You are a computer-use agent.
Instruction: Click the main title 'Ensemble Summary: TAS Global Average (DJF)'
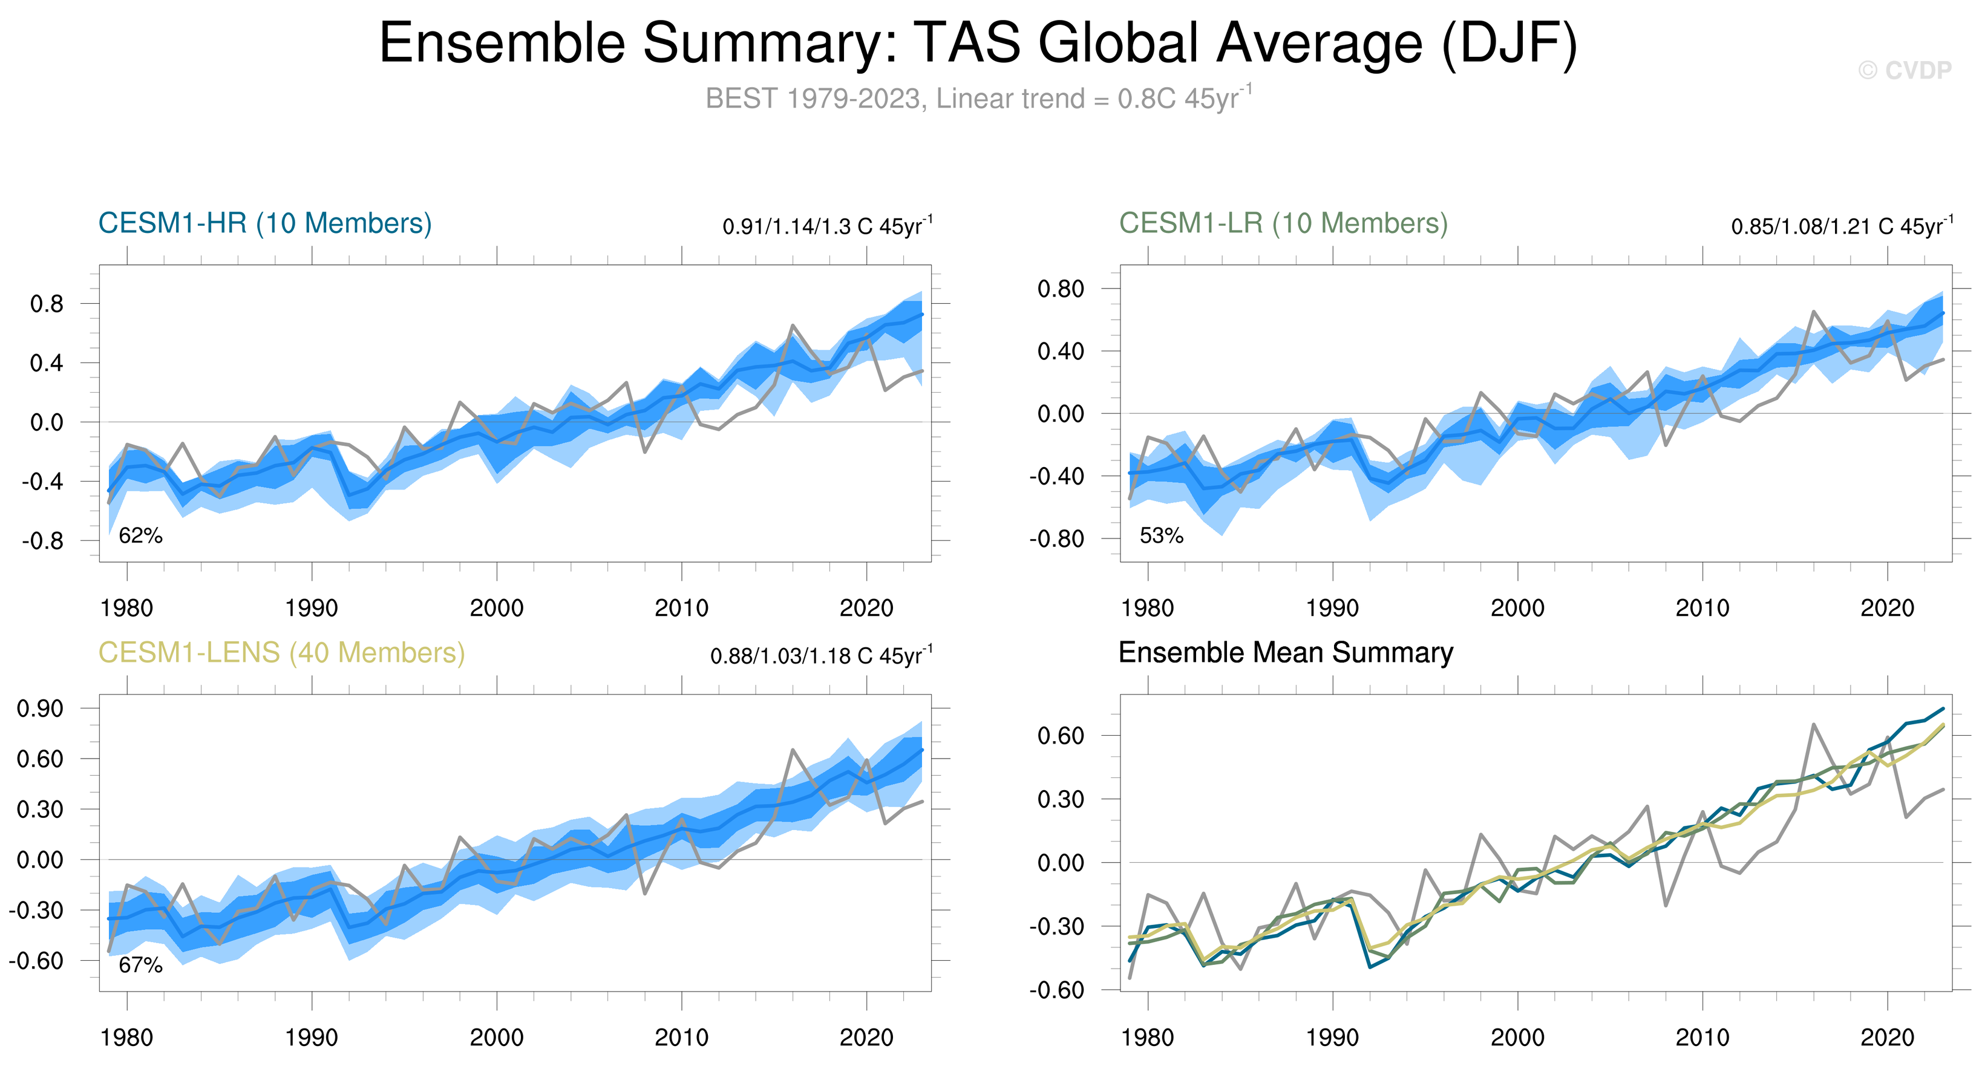coord(978,43)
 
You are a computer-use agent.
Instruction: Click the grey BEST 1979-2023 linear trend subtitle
coord(978,99)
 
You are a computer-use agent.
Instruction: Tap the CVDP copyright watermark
coord(1905,71)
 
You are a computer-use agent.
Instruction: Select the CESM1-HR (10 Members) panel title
coord(264,223)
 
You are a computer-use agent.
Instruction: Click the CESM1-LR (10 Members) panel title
coord(1283,223)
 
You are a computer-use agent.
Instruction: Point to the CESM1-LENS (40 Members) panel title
coord(281,653)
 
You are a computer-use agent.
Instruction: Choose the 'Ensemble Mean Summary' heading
coord(1286,652)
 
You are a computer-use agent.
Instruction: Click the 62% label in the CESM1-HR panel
coord(141,535)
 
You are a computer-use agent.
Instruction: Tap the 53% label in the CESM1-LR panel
coord(1161,535)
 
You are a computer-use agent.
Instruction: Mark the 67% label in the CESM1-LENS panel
coord(141,964)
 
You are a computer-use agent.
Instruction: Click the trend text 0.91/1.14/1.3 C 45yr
coord(827,226)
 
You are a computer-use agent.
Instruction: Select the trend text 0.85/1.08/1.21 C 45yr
coord(1841,226)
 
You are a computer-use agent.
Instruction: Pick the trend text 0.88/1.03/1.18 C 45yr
coord(821,655)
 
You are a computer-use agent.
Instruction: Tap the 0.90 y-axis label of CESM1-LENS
coord(40,708)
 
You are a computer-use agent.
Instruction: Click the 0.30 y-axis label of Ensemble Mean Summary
coord(1060,799)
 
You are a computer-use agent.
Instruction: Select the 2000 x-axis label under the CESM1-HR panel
coord(496,609)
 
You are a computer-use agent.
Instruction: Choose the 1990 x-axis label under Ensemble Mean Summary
coord(1332,1038)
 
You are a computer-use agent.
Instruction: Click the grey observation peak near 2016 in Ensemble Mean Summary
coord(1813,725)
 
